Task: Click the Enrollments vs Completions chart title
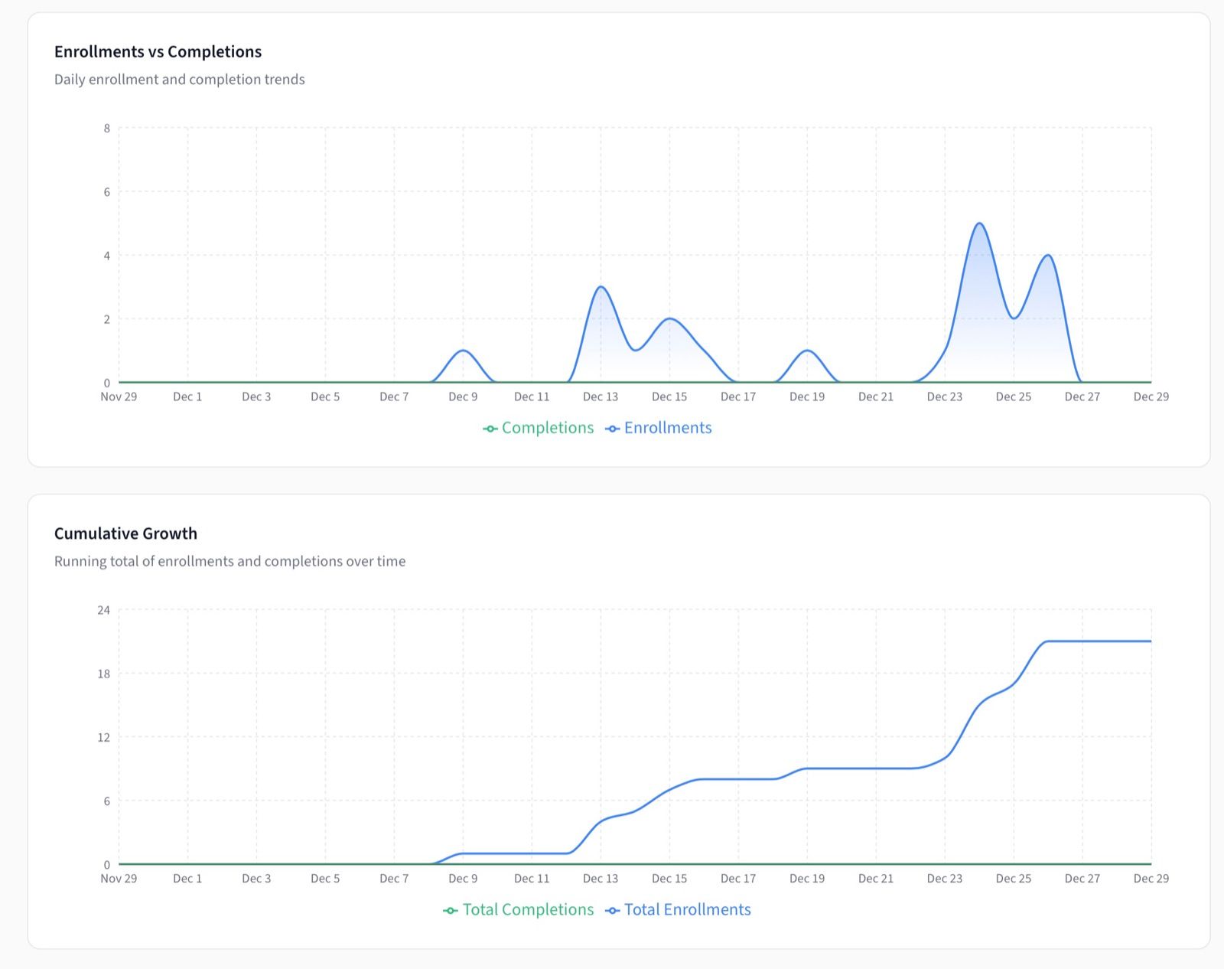[158, 51]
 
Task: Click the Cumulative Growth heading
[125, 533]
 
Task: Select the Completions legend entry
[539, 428]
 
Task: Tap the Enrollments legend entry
[659, 428]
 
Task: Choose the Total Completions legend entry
[519, 909]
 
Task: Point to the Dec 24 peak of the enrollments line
[979, 223]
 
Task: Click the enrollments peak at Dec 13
[601, 287]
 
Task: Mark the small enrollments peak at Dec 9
[463, 351]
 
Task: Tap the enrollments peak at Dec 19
[807, 351]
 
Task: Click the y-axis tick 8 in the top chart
[107, 129]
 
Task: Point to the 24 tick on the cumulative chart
[103, 610]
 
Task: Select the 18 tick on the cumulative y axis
[103, 674]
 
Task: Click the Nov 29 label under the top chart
[119, 396]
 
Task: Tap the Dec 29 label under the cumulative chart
[1151, 879]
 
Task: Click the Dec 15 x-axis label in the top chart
[669, 396]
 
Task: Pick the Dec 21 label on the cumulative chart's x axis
[876, 879]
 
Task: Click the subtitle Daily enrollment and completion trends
[179, 80]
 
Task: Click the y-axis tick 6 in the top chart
[107, 192]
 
